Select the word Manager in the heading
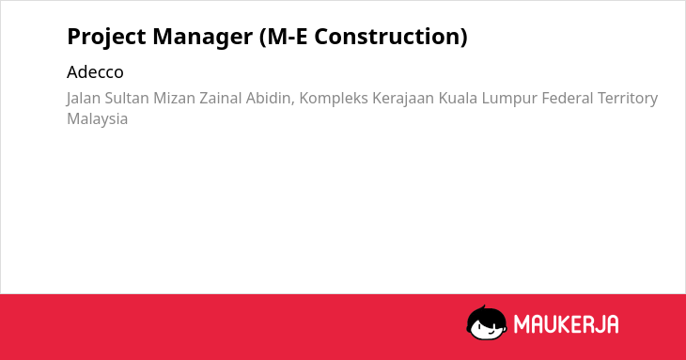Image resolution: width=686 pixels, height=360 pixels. tap(203, 38)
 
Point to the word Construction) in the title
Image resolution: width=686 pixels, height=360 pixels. tap(391, 37)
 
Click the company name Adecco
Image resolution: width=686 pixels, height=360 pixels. tap(95, 72)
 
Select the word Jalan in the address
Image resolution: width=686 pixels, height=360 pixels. tap(83, 99)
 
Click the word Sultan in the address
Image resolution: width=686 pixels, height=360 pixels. tap(127, 98)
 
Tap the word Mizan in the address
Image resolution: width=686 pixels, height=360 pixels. tap(174, 98)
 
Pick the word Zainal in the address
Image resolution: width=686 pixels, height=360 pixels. tap(221, 98)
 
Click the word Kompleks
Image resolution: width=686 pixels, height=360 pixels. tap(334, 99)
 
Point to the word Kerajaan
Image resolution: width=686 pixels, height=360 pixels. tap(403, 99)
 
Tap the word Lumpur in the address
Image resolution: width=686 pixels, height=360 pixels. tap(509, 99)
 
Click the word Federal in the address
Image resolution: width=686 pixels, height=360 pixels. tap(568, 98)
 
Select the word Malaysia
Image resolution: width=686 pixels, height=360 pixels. tap(97, 119)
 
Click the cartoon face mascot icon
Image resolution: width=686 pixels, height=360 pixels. tap(487, 322)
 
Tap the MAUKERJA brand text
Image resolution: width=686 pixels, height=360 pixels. tap(566, 324)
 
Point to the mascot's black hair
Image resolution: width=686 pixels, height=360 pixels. tap(486, 315)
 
